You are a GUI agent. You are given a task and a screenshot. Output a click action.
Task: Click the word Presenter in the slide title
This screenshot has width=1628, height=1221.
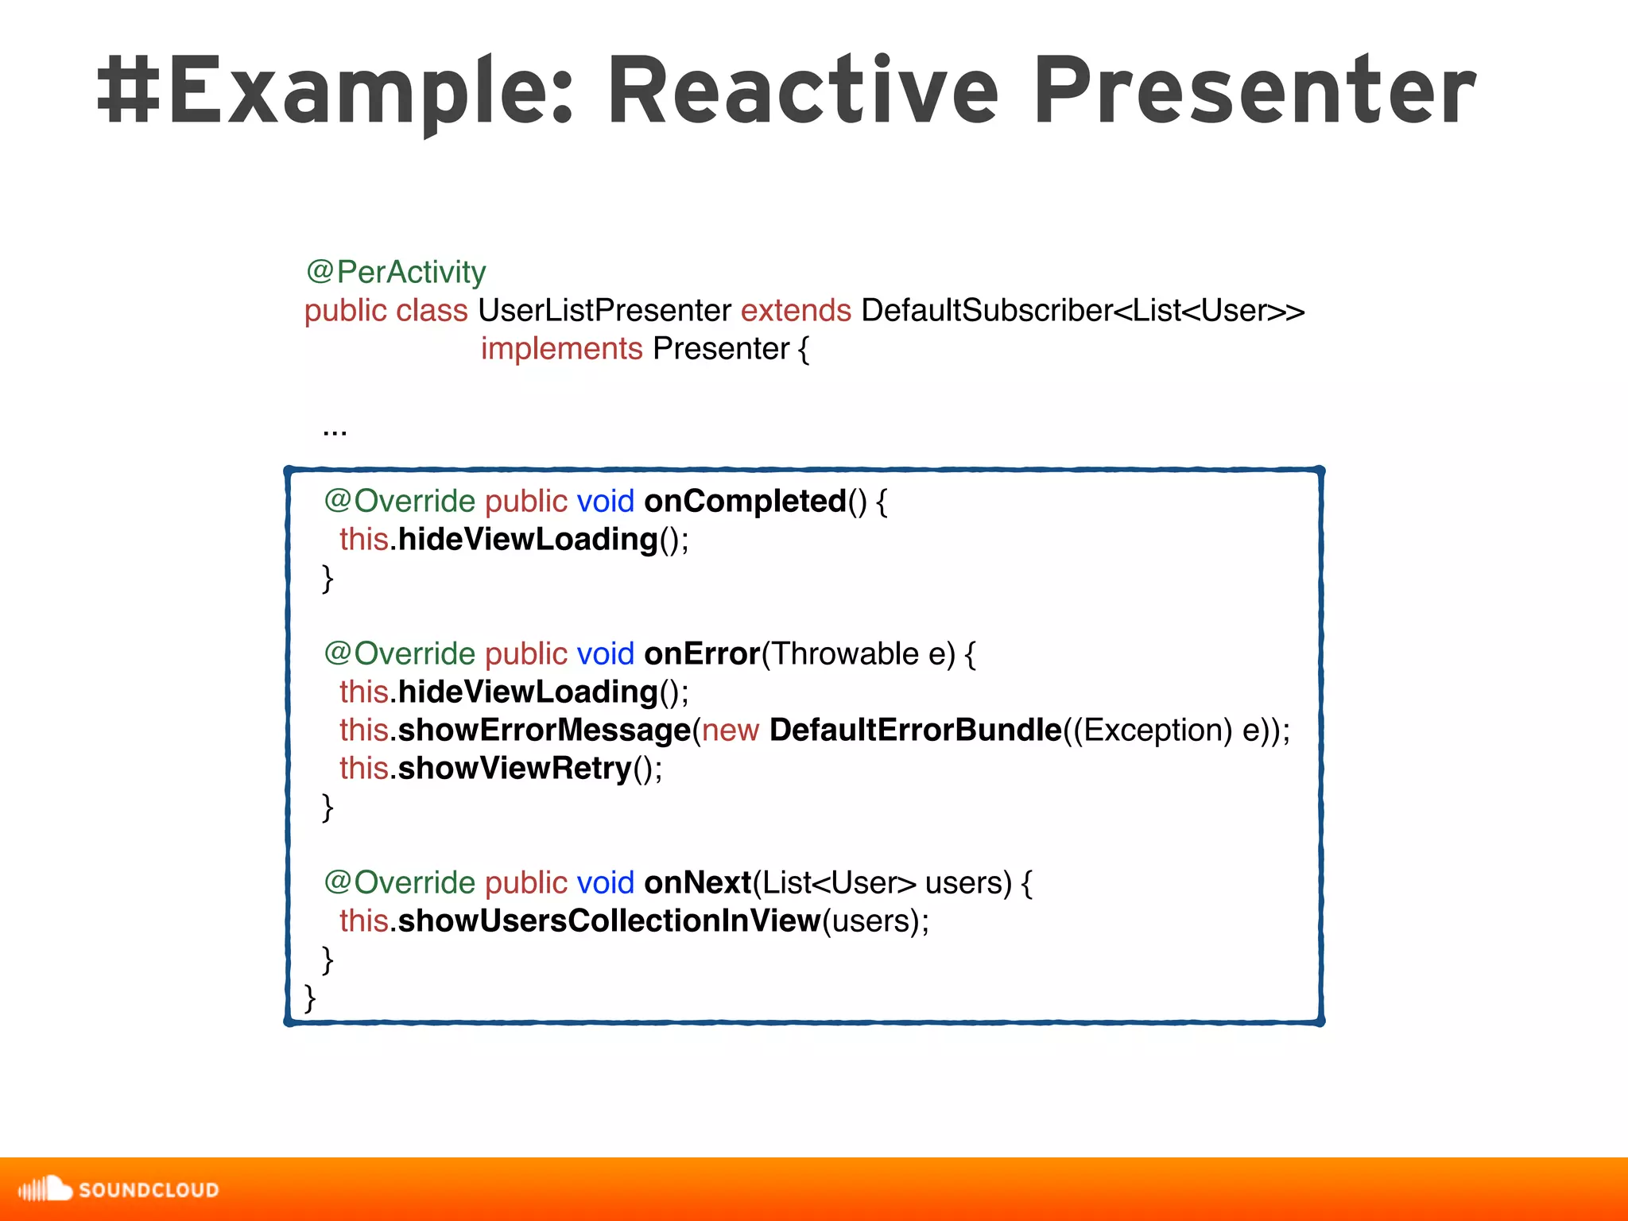coord(1254,91)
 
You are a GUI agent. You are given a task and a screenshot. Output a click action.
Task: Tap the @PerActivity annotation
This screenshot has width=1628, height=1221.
coord(395,273)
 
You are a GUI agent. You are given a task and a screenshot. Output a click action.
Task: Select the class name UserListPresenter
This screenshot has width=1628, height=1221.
coord(604,311)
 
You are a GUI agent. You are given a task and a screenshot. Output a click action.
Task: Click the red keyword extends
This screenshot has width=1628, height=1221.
coord(796,311)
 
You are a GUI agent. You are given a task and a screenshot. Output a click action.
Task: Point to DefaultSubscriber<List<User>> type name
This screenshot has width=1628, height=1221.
coord(1083,311)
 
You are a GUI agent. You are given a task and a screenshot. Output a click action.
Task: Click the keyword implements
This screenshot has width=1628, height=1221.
coord(561,349)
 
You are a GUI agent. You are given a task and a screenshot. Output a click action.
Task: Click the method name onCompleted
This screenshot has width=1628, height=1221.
coord(745,502)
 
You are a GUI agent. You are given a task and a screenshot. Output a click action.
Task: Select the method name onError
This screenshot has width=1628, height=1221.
coord(702,654)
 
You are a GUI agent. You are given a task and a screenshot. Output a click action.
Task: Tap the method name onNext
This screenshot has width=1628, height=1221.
coord(697,883)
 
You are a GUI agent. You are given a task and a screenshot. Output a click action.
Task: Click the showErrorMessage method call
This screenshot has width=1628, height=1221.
coord(544,731)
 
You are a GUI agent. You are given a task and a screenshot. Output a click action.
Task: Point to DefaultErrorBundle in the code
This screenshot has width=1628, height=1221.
coord(915,731)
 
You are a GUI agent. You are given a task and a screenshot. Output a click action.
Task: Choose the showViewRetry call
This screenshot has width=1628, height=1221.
coord(514,769)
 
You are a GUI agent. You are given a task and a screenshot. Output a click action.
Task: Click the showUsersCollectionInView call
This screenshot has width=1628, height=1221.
coord(609,921)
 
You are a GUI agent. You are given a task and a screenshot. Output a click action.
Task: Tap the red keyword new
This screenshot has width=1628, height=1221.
coord(730,731)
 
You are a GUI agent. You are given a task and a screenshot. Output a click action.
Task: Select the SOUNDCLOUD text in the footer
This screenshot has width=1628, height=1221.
coord(149,1190)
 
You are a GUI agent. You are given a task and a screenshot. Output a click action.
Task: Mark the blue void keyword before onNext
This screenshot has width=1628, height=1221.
coord(605,883)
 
